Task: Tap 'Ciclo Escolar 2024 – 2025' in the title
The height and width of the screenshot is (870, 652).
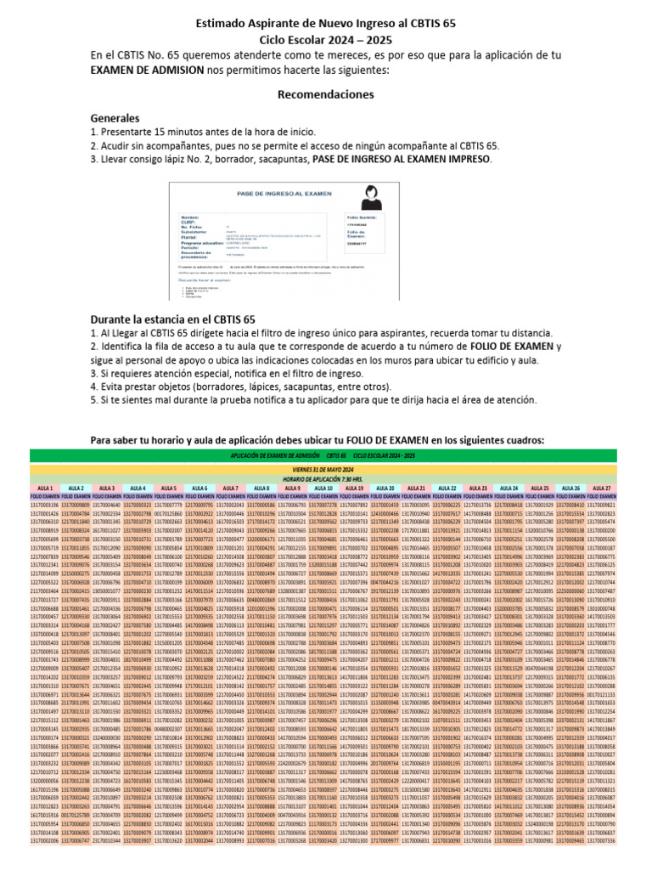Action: (x=325, y=39)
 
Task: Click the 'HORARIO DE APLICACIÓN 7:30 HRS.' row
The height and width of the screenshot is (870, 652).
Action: (x=325, y=477)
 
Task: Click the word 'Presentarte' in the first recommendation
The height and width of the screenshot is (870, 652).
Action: (x=129, y=133)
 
